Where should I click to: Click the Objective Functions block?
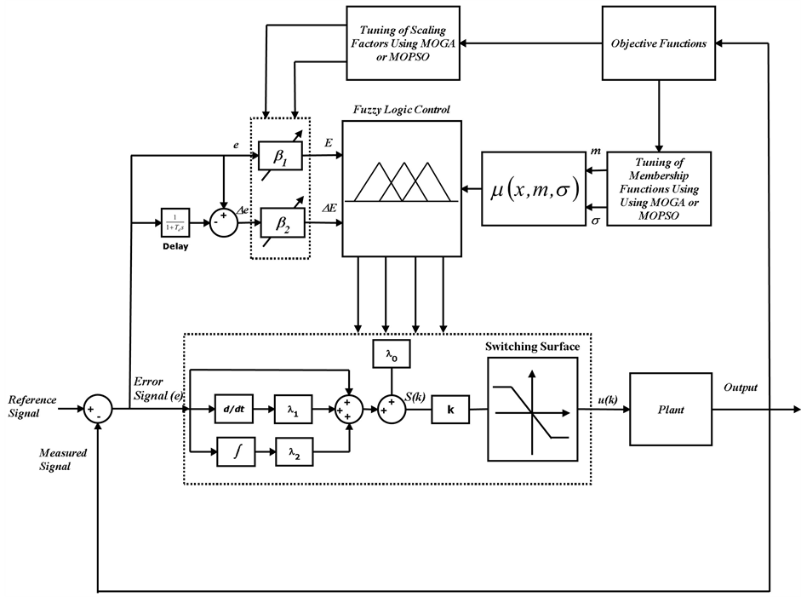click(x=659, y=43)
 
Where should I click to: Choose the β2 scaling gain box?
click(x=281, y=223)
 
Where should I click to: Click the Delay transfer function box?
click(x=175, y=223)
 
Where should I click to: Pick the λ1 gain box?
click(x=293, y=410)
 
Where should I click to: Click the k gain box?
click(x=451, y=410)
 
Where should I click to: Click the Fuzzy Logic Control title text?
click(x=402, y=111)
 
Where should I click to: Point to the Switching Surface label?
click(x=532, y=347)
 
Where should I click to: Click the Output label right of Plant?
click(x=740, y=387)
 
